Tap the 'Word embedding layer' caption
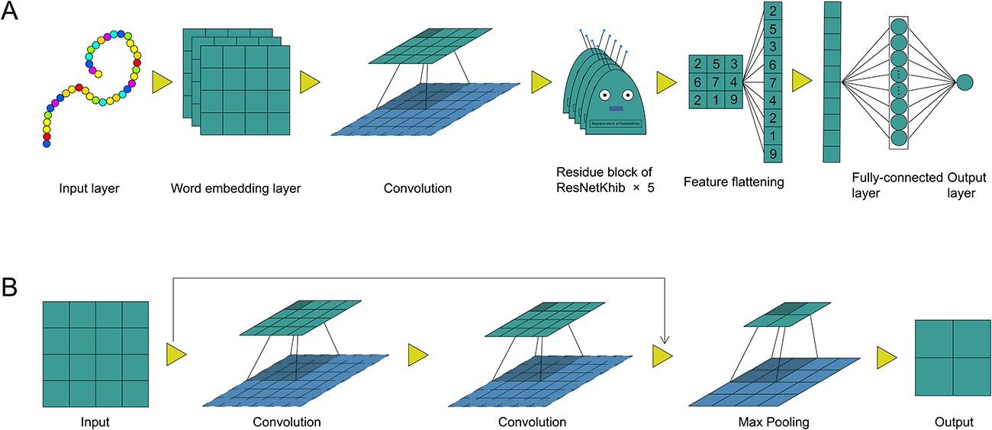[x=237, y=187]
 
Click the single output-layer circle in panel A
[x=966, y=82]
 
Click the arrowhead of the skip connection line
[x=665, y=340]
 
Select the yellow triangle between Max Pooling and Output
[x=887, y=356]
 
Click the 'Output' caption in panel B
[x=954, y=422]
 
